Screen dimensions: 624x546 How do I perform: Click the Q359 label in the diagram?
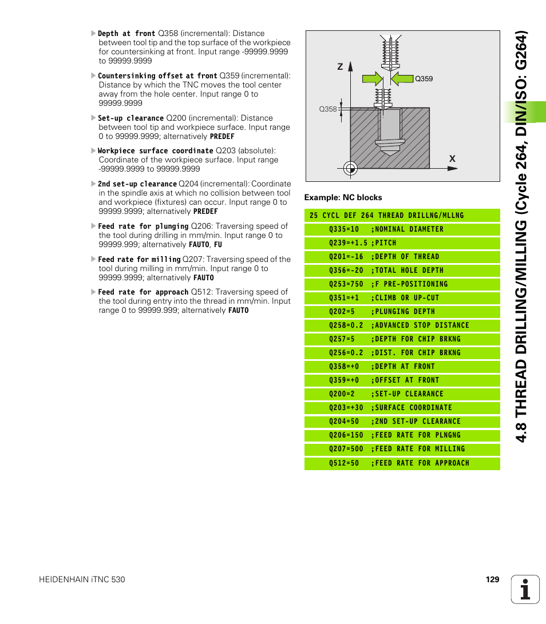[424, 79]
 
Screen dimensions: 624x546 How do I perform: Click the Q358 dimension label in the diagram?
[327, 109]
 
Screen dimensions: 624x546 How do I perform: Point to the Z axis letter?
[339, 67]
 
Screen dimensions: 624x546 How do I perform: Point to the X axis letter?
[452, 158]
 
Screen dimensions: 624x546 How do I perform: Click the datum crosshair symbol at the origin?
[351, 168]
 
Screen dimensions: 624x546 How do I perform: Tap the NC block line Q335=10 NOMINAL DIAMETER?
[386, 229]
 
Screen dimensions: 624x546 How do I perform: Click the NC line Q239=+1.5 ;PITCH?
[362, 243]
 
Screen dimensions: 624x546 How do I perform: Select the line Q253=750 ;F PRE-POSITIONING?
[388, 284]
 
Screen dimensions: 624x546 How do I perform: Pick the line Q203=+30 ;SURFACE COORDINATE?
[390, 408]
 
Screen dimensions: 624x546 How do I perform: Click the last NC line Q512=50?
[399, 463]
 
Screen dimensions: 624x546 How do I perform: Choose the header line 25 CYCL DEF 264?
[386, 216]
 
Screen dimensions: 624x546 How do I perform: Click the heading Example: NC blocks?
[343, 197]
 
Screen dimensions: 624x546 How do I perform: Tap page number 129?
[492, 579]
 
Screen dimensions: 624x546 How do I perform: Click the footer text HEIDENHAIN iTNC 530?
[82, 579]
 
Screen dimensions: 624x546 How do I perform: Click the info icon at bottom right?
[525, 590]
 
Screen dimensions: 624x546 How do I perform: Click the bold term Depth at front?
[126, 34]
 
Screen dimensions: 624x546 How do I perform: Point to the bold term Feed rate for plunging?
[143, 226]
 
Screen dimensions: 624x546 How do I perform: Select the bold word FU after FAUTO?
[218, 245]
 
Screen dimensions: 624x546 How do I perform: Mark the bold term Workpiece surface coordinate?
[155, 151]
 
